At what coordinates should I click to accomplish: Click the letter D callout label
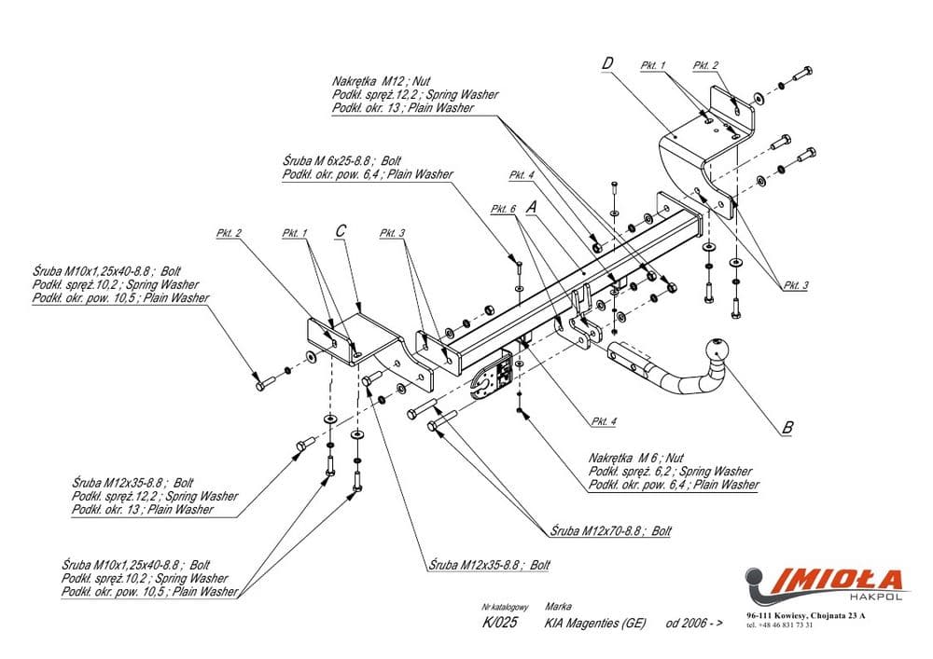pos(607,63)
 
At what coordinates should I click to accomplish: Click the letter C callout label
pos(341,230)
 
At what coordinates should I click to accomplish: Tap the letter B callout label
pos(787,428)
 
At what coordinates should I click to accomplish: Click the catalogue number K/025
pos(496,623)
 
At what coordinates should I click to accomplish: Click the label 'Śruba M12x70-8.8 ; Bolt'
pos(611,530)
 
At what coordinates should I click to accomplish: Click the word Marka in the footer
pos(557,605)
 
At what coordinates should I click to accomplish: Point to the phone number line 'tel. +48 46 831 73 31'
pos(780,625)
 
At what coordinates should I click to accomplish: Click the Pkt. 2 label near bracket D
pos(705,65)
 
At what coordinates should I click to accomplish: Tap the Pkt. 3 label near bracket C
pos(393,233)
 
